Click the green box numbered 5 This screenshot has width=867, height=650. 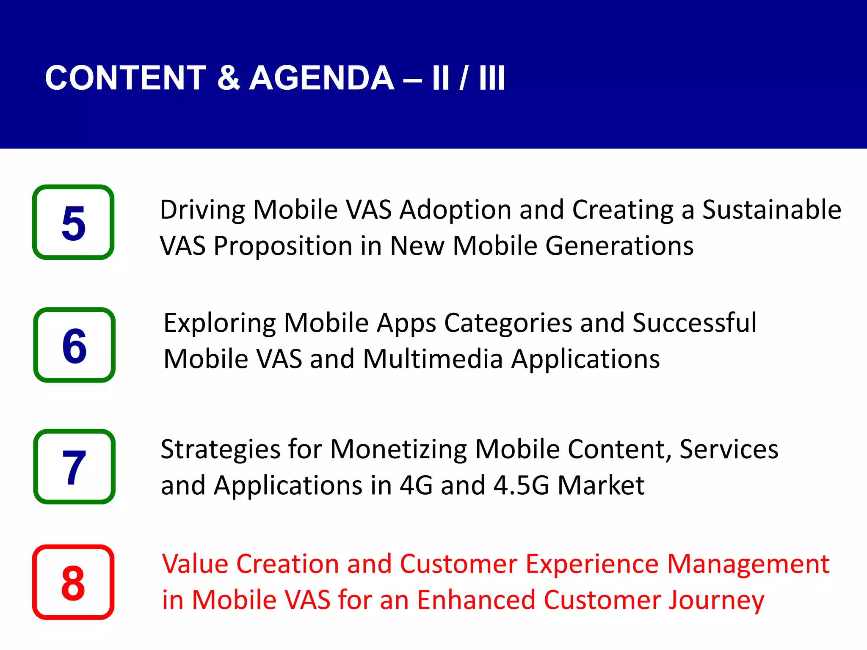pyautogui.click(x=73, y=222)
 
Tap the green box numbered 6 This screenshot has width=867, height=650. pyautogui.click(x=74, y=345)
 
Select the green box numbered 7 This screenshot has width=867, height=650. pyautogui.click(x=74, y=467)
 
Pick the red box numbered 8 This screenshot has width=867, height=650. pyautogui.click(x=73, y=582)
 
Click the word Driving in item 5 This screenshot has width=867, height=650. pyautogui.click(x=202, y=210)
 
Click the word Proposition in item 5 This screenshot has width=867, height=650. pyautogui.click(x=283, y=246)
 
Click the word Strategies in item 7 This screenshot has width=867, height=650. pyautogui.click(x=220, y=449)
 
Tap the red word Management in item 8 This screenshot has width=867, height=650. pyautogui.click(x=748, y=564)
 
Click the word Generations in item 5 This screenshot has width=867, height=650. pyautogui.click(x=619, y=246)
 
